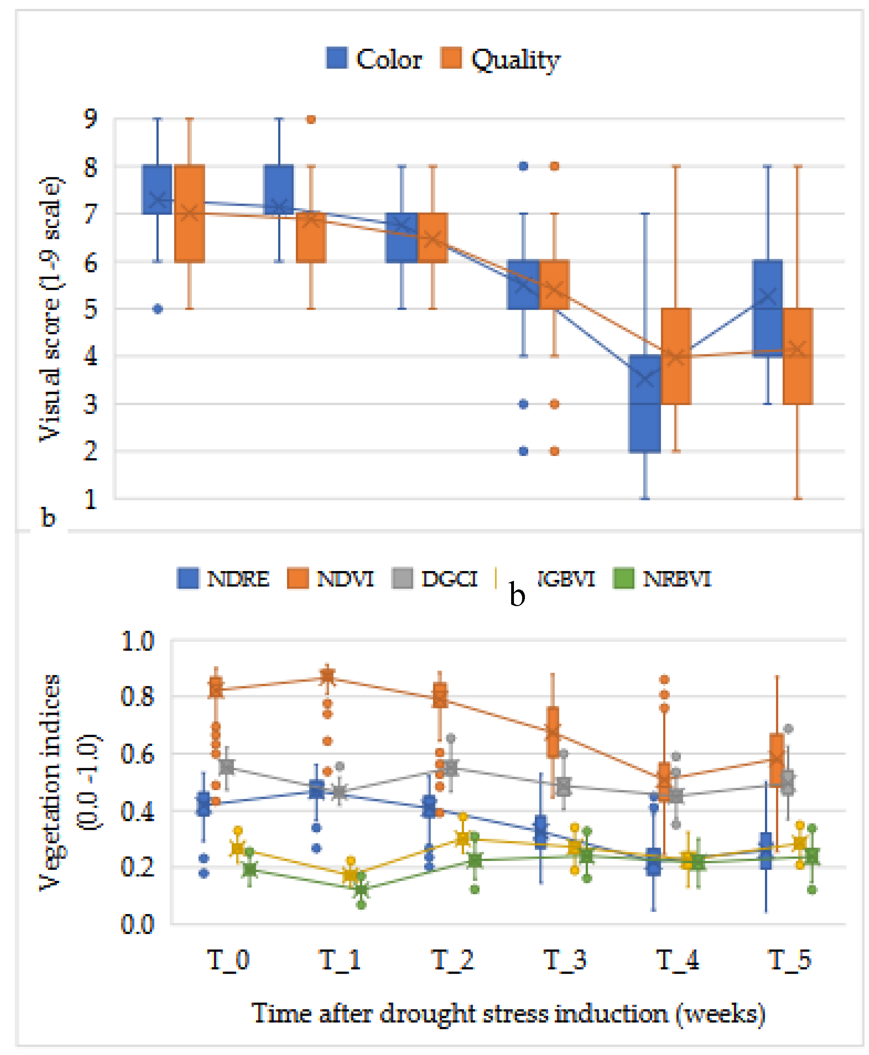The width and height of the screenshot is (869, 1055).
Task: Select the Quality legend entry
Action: coord(501,59)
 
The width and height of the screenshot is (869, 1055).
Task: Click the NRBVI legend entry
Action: coord(662,579)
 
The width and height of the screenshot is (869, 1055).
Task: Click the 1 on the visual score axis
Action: coord(91,499)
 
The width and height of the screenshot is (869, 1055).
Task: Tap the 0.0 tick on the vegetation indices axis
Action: coord(137,924)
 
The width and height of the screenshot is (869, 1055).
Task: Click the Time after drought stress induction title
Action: coord(508,1014)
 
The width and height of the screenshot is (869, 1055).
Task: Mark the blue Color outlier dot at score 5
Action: coord(158,309)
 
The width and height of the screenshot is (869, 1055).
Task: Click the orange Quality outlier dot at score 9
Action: coord(311,120)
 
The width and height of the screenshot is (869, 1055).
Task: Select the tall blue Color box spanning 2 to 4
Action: coord(645,404)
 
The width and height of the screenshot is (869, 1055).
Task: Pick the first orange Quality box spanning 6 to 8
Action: coord(190,213)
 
